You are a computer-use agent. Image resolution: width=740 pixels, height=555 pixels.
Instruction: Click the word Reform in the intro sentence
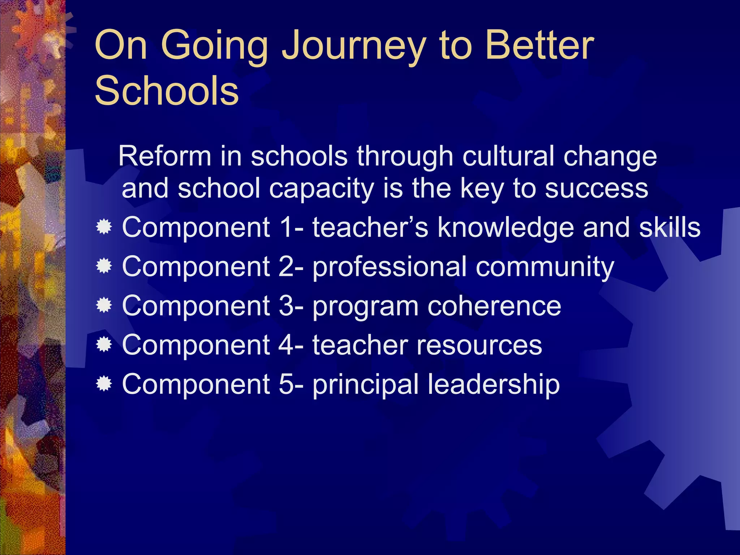coord(165,156)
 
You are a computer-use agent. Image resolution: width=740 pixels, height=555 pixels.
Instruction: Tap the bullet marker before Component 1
coord(104,228)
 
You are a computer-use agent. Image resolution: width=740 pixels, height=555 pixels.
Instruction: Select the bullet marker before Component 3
coord(104,306)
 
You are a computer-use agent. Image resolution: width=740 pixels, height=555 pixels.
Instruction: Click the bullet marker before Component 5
coord(104,384)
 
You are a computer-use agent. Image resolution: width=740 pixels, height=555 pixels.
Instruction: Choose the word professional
coord(390,267)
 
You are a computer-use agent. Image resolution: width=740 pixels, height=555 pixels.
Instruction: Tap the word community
coord(545,267)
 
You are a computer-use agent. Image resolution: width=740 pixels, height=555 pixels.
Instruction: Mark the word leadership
coord(494,385)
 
